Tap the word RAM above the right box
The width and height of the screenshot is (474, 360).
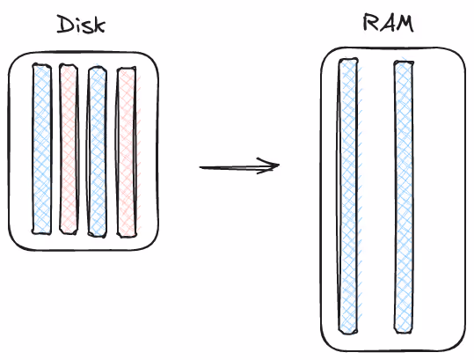(x=388, y=23)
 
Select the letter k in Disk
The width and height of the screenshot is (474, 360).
(x=100, y=25)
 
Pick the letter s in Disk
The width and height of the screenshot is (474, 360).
(x=89, y=27)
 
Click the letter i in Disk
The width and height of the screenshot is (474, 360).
(x=79, y=26)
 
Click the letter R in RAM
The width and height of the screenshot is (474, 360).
(x=370, y=23)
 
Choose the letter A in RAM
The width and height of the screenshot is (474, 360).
(x=387, y=23)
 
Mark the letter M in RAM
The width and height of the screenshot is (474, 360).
(x=405, y=23)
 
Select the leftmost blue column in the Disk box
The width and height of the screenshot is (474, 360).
(x=41, y=149)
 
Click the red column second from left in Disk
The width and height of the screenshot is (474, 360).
(x=69, y=149)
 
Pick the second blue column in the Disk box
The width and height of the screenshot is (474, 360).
(x=97, y=151)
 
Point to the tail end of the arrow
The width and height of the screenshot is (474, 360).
(x=201, y=167)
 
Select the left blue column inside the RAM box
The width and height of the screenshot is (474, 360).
(x=348, y=197)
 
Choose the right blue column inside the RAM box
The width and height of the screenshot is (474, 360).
(x=404, y=197)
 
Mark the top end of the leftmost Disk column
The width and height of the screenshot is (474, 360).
(x=41, y=68)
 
